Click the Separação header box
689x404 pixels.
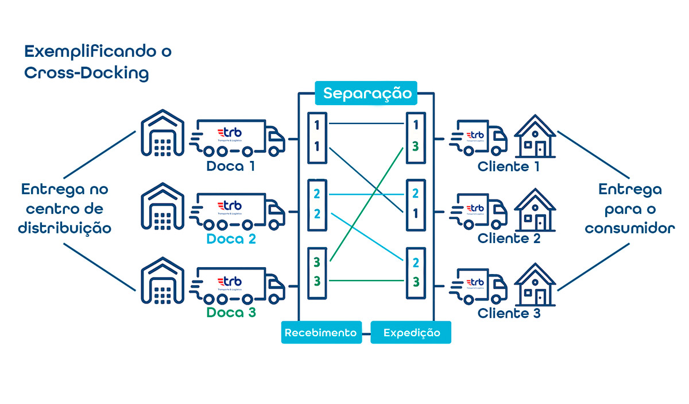[x=366, y=93]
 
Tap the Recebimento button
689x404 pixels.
[x=321, y=332]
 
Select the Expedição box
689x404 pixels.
[x=411, y=332]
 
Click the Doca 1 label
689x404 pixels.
[x=230, y=167]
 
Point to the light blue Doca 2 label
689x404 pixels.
[x=230, y=239]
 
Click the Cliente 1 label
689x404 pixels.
[x=509, y=167]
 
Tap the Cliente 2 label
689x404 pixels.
[x=509, y=238]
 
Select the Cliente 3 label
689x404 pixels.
[x=509, y=313]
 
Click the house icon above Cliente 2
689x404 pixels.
[x=535, y=209]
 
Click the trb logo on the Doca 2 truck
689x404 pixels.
[x=230, y=206]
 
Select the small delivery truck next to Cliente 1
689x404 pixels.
[x=479, y=138]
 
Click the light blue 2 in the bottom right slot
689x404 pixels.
[x=415, y=263]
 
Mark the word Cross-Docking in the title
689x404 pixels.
[x=86, y=74]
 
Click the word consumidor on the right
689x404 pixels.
[x=629, y=228]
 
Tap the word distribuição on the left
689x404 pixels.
[x=64, y=228]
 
